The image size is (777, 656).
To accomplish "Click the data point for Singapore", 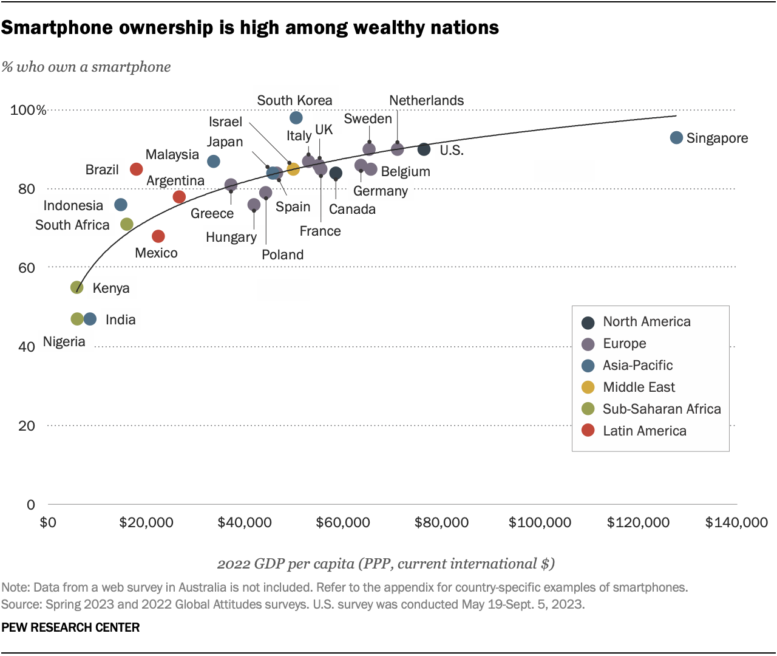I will pyautogui.click(x=676, y=138).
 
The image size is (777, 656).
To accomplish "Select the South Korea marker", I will pyautogui.click(x=296, y=118).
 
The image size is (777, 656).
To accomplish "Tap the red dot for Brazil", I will pyautogui.click(x=137, y=169).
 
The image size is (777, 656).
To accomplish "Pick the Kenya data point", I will pyautogui.click(x=77, y=287).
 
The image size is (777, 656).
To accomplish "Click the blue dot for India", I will pyautogui.click(x=90, y=319).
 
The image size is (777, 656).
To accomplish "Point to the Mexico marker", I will pyautogui.click(x=158, y=236).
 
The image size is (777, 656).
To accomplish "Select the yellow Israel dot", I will pyautogui.click(x=293, y=169).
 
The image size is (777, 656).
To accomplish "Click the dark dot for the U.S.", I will pyautogui.click(x=424, y=149).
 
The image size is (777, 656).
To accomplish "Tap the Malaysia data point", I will pyautogui.click(x=214, y=162).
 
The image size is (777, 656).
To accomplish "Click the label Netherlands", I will pyautogui.click(x=426, y=101).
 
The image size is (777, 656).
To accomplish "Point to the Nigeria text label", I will pyautogui.click(x=64, y=342).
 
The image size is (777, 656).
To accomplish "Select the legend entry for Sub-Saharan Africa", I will pyautogui.click(x=662, y=409).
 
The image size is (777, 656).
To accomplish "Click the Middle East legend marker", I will pyautogui.click(x=588, y=387).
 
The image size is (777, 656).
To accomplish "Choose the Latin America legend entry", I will pyautogui.click(x=644, y=431).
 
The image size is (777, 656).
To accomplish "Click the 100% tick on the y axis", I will pyautogui.click(x=28, y=110).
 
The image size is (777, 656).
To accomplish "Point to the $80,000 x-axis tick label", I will pyautogui.click(x=441, y=522).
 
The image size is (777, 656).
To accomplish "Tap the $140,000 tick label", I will pyautogui.click(x=736, y=522).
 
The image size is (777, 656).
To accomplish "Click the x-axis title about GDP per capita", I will pyautogui.click(x=386, y=564).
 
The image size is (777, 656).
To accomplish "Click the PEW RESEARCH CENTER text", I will pyautogui.click(x=70, y=627).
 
